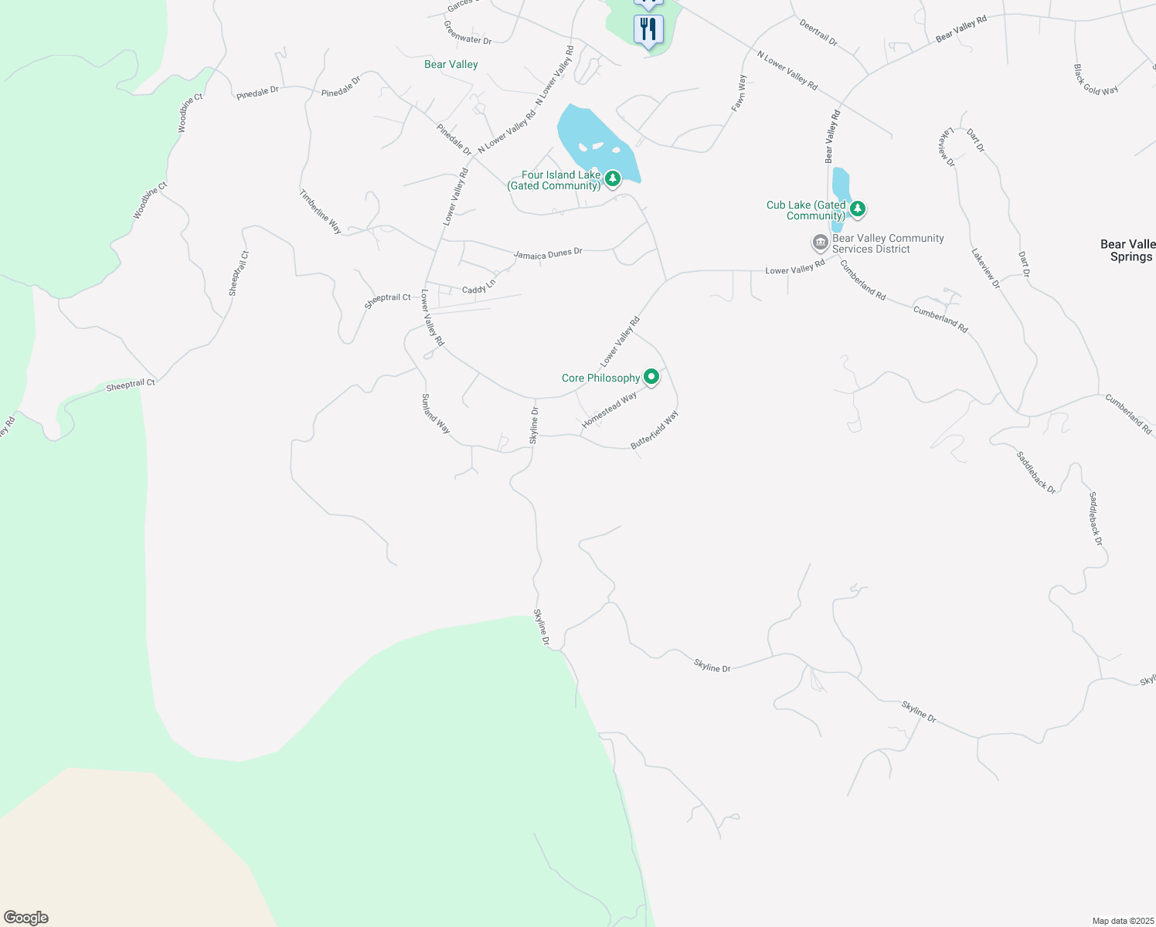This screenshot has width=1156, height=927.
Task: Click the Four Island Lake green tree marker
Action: click(613, 179)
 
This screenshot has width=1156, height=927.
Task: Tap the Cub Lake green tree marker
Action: click(857, 209)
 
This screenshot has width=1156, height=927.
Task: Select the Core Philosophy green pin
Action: click(651, 377)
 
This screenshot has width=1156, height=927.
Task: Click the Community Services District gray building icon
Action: click(820, 243)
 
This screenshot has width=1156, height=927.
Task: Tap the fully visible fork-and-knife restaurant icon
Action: click(648, 29)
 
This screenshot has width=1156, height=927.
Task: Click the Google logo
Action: click(26, 918)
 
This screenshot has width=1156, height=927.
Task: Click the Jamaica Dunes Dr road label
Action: click(548, 253)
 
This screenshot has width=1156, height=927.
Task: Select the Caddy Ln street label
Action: click(479, 287)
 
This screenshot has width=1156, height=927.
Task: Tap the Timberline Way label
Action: click(321, 212)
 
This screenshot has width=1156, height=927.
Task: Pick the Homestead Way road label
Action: click(609, 410)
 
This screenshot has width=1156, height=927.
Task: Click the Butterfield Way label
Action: click(654, 430)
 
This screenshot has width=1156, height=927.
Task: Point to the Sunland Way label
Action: click(435, 413)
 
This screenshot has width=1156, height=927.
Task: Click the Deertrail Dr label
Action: click(818, 33)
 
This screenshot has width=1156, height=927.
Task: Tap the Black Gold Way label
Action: click(1096, 80)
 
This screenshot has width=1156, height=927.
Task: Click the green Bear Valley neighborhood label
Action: click(451, 64)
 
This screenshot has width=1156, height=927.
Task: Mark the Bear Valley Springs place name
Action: click(1129, 250)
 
